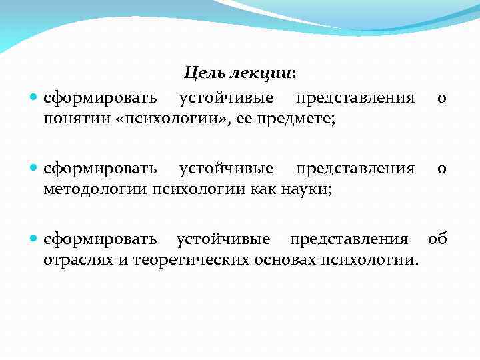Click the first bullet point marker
pos(34,99)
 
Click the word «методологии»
pos(96,189)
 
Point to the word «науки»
pos(307,189)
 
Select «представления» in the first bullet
pos(355,98)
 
